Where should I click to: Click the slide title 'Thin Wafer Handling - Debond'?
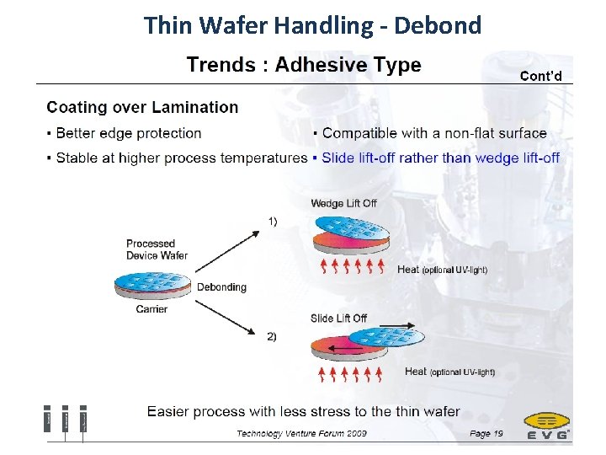pos(312,24)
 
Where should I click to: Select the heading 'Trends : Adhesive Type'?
pos(303,65)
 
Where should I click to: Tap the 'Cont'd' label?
pos(545,76)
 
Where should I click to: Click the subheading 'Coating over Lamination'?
pos(142,107)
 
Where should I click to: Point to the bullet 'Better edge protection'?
pos(128,133)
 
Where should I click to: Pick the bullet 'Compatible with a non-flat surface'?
pos(433,133)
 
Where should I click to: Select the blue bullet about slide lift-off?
pos(439,158)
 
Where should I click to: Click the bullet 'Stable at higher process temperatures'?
pos(181,158)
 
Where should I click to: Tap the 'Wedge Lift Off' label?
pos(343,203)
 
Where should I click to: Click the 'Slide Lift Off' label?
pos(338,318)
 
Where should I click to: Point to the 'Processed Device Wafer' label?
pos(156,249)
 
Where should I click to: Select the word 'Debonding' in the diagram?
pos(221,287)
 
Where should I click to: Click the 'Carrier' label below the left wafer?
pos(151,309)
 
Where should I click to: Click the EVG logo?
pos(546,426)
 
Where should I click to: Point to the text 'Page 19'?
pos(486,434)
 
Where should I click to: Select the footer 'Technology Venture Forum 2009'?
pos(301,434)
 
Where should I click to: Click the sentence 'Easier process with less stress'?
pos(303,411)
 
